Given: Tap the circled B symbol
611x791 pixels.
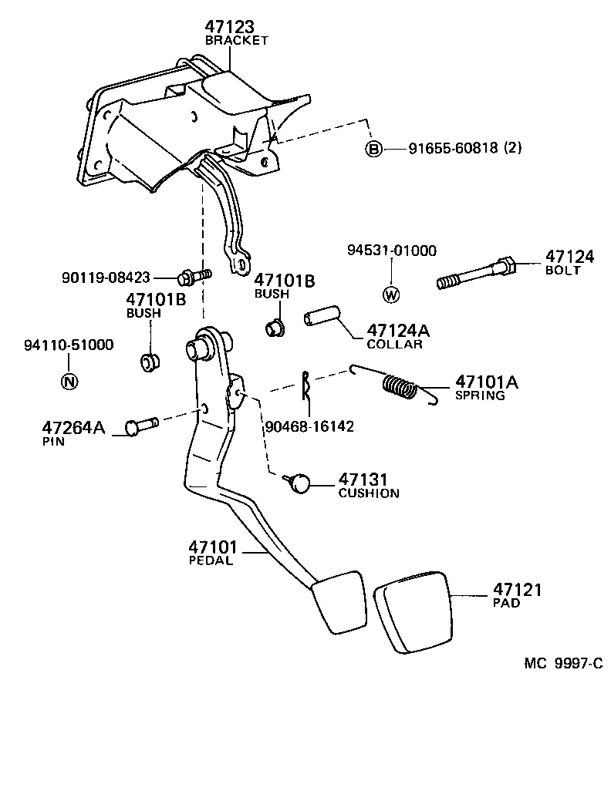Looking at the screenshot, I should click(373, 148).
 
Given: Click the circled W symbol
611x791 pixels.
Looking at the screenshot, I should click(391, 294).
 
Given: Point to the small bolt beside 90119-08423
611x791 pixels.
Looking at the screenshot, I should click(193, 275).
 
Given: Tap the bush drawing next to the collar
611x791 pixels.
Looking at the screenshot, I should click(274, 328).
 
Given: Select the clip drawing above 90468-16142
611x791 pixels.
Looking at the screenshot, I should click(306, 386).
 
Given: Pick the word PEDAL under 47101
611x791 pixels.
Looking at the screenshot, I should click(211, 560).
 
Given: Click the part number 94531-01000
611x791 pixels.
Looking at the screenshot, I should click(391, 251).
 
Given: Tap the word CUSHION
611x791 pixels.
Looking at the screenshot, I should click(369, 493).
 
